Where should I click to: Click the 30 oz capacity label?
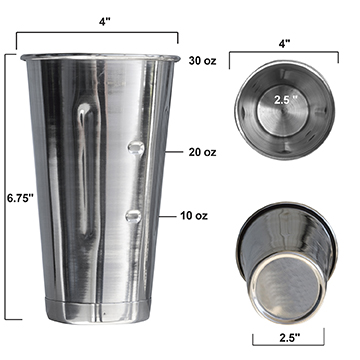202,61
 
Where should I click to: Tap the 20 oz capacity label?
202,152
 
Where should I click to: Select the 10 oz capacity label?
194,216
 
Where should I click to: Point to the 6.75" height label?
21,198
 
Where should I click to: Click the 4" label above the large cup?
104,22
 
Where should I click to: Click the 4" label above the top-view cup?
285,43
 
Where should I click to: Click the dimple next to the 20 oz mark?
136,147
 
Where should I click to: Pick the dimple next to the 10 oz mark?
133,216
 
